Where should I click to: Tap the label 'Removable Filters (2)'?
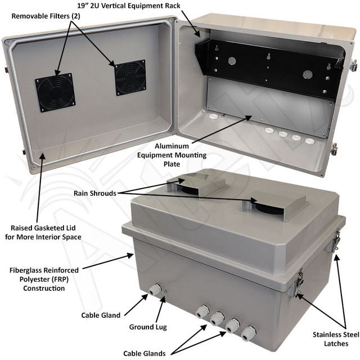[x=44, y=16]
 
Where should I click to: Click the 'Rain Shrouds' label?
[x=95, y=193]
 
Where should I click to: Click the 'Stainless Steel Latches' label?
[x=335, y=339]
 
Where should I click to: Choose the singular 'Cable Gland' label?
[x=101, y=316]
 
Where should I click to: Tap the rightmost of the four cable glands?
[x=246, y=331]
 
